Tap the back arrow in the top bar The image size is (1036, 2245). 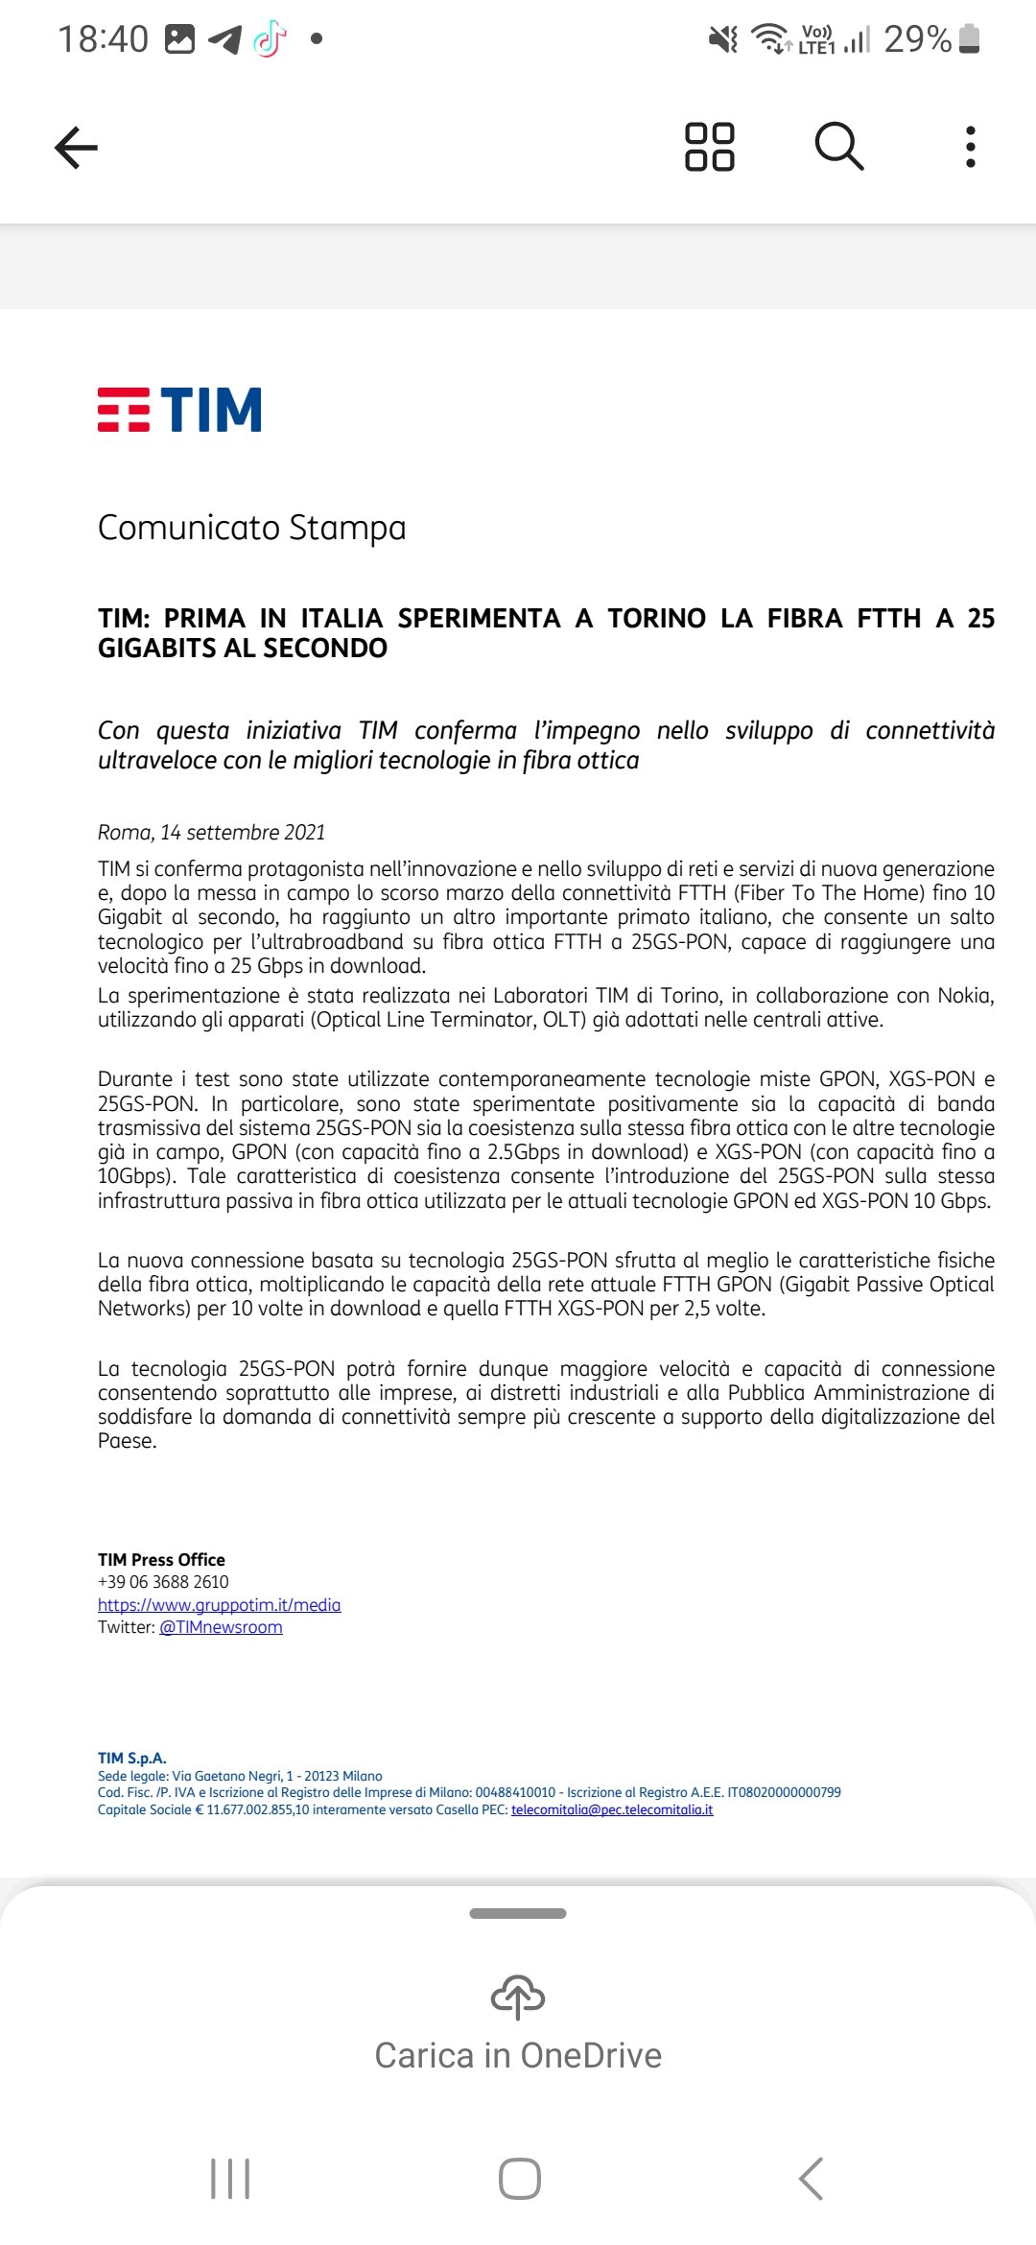coord(77,148)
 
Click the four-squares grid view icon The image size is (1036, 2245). coord(710,147)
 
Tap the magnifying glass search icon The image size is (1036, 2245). coord(839,147)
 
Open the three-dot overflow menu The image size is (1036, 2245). coord(971,147)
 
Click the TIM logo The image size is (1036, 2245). coord(179,410)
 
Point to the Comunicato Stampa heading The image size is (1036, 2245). coord(252,528)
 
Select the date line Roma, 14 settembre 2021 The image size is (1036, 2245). coord(211,833)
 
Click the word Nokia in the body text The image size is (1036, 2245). coord(964,996)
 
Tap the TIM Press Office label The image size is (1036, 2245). coord(161,1560)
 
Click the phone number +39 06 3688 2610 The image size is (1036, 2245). coord(163,1582)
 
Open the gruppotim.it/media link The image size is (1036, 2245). coord(219,1605)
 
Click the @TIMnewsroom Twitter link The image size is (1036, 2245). coord(221,1627)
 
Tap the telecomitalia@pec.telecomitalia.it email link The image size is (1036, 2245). coord(612,1810)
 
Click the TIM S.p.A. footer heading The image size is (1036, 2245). coord(132,1759)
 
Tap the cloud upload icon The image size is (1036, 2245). coord(518,1997)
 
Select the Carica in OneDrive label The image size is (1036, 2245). coord(518,2056)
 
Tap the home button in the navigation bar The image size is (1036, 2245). coord(519,2179)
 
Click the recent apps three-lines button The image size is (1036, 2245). coord(230,2179)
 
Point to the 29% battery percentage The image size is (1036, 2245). coord(917,39)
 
